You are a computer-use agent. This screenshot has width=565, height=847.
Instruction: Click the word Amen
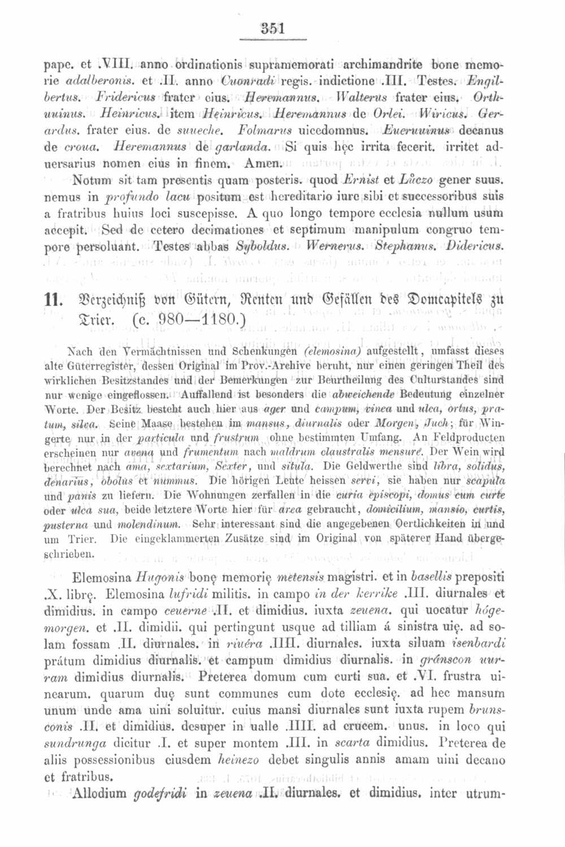point(261,164)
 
